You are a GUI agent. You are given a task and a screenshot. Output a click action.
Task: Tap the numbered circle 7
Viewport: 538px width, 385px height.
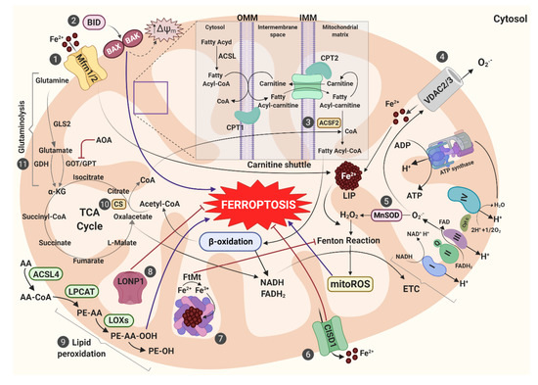point(248,338)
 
